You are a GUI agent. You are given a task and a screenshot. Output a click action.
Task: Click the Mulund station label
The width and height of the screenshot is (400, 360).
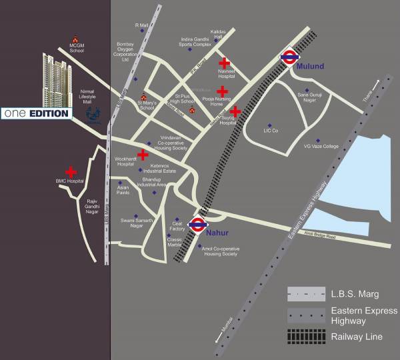[310, 67]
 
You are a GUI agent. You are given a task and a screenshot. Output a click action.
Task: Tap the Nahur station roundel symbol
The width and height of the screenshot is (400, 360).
[197, 225]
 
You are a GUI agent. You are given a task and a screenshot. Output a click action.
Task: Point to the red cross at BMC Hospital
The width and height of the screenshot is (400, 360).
[71, 173]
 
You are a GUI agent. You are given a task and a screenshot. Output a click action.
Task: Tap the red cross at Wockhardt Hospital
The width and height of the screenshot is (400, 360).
[143, 155]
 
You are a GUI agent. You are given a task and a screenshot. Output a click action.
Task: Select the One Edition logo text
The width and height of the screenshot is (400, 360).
[36, 114]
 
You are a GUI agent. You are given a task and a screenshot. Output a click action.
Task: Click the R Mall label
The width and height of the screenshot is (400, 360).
[141, 26]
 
